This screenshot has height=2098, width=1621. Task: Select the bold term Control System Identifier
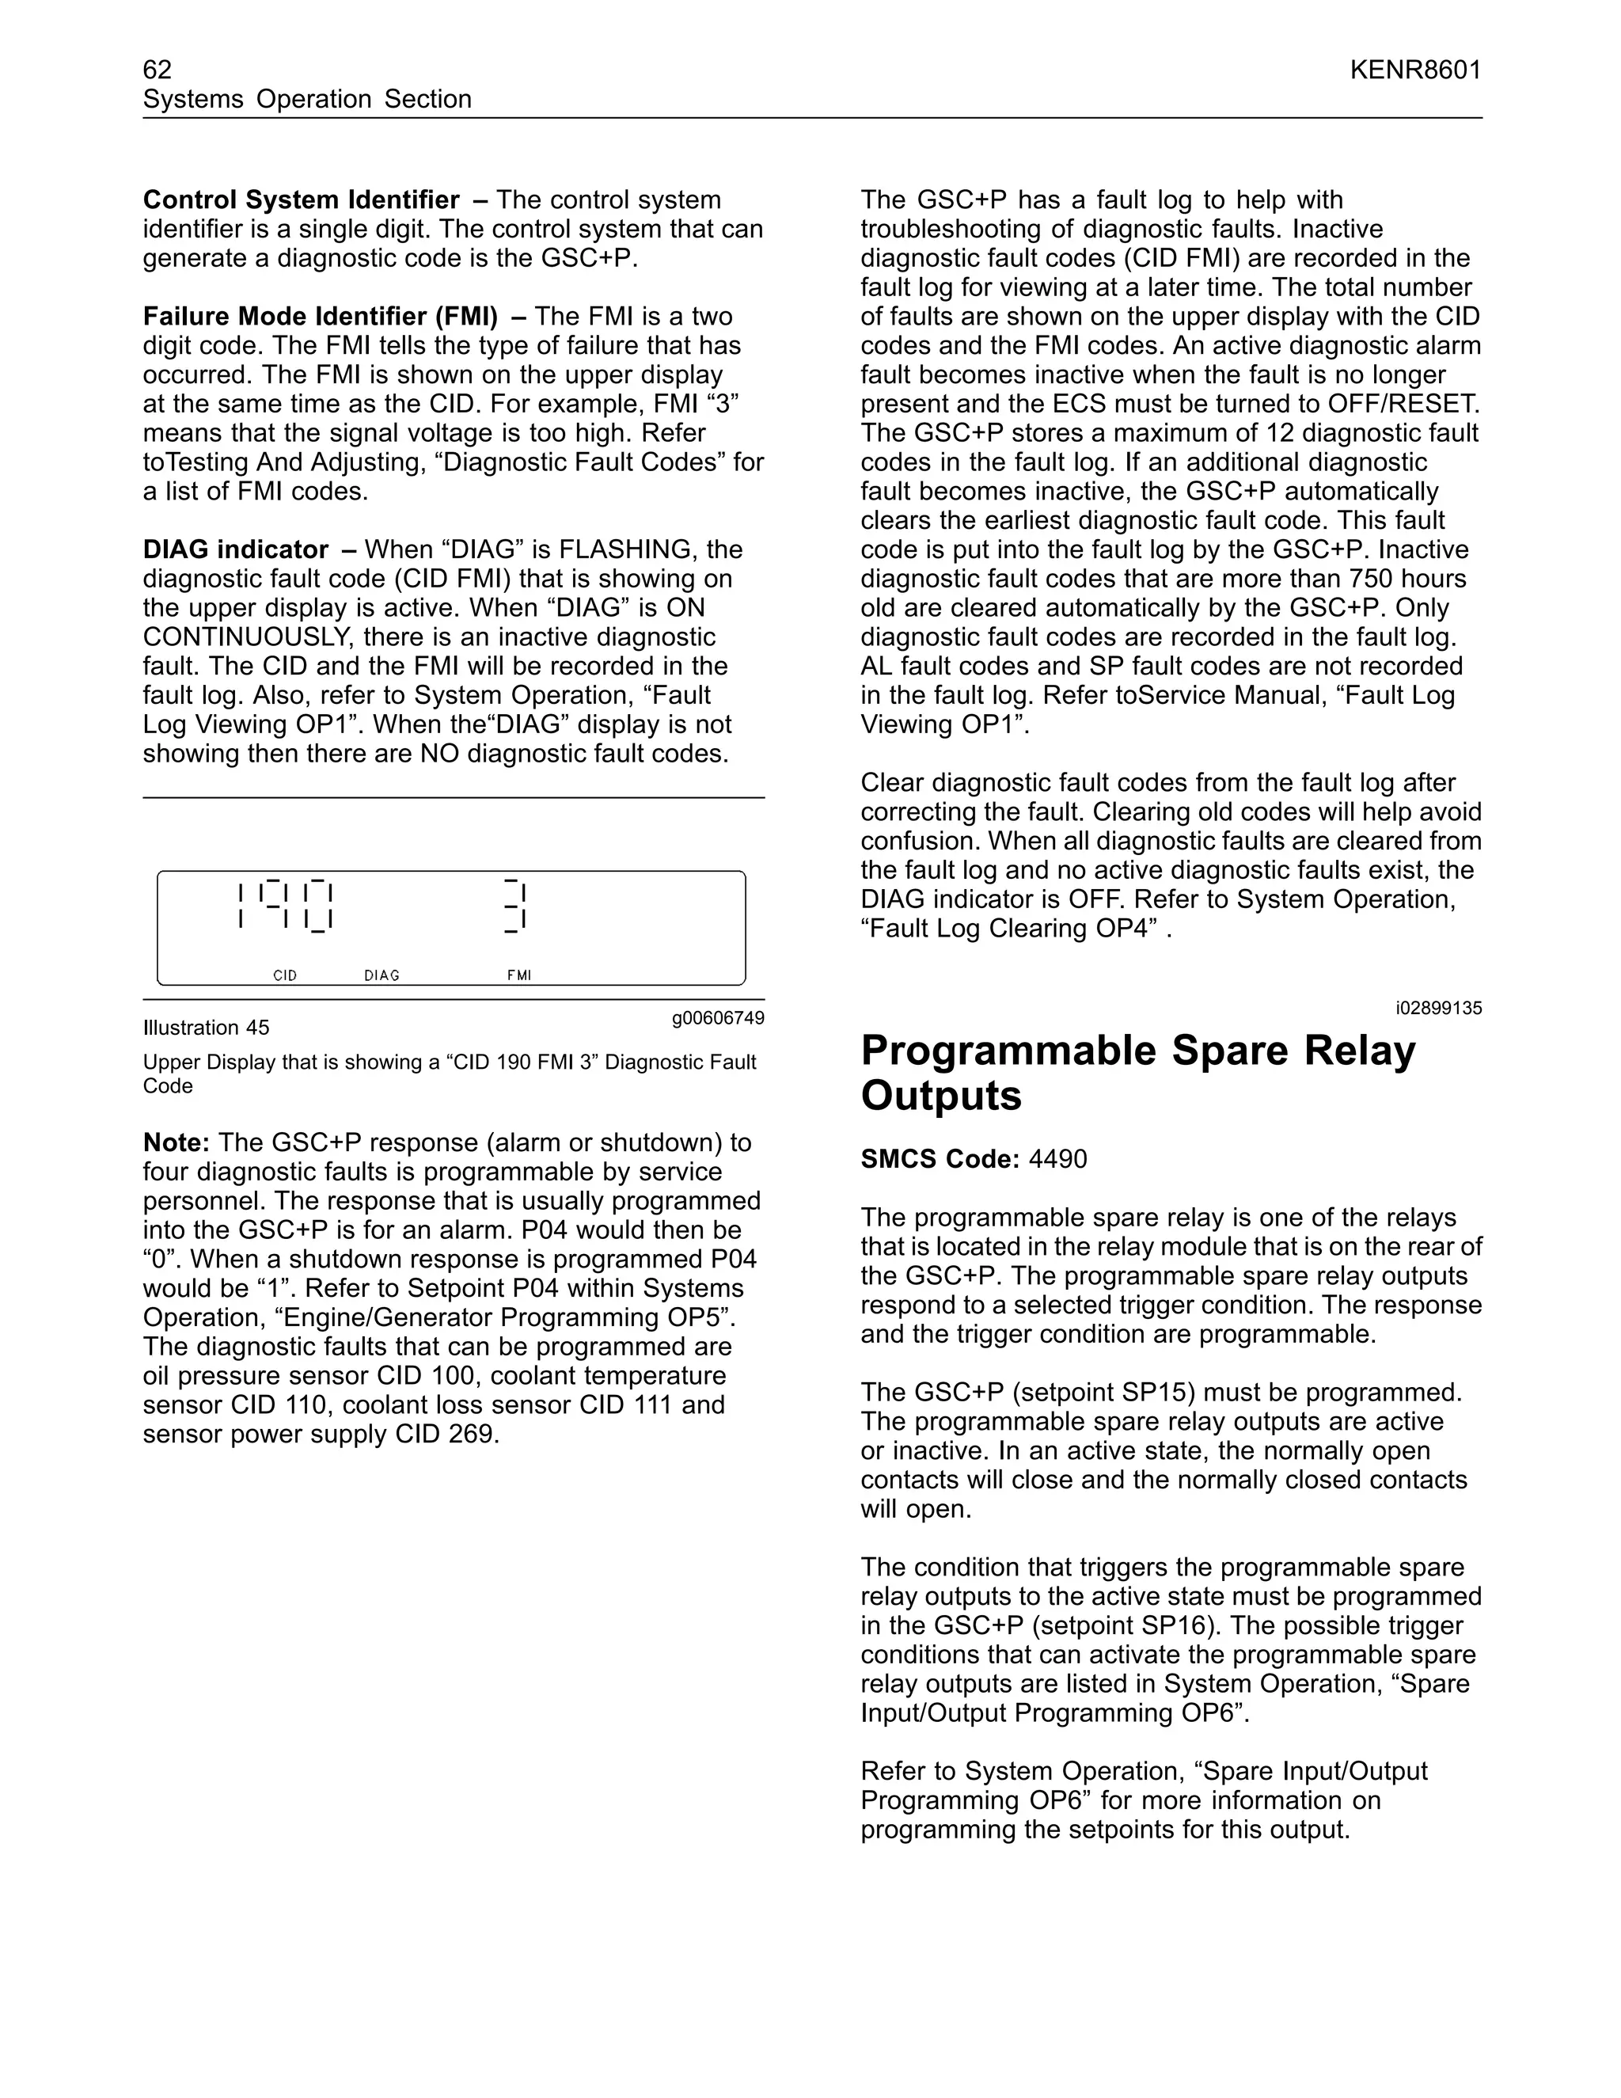tap(301, 200)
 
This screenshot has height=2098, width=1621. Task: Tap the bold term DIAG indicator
tap(235, 549)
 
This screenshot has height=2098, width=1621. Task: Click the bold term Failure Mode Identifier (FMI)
tap(320, 316)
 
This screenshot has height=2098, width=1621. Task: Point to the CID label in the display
tap(285, 975)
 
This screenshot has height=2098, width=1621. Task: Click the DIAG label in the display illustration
tap(382, 975)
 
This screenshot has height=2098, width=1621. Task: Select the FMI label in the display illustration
tap(518, 975)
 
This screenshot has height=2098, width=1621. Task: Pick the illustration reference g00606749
tap(717, 1018)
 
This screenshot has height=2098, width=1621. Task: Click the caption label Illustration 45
tap(206, 1028)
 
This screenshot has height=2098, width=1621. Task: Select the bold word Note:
tap(176, 1143)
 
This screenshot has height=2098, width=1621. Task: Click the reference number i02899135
tap(1438, 1008)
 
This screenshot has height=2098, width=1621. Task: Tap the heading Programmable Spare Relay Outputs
tap(1137, 1073)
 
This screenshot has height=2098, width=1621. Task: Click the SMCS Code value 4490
tap(1057, 1160)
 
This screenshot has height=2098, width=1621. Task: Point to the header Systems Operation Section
tap(306, 99)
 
